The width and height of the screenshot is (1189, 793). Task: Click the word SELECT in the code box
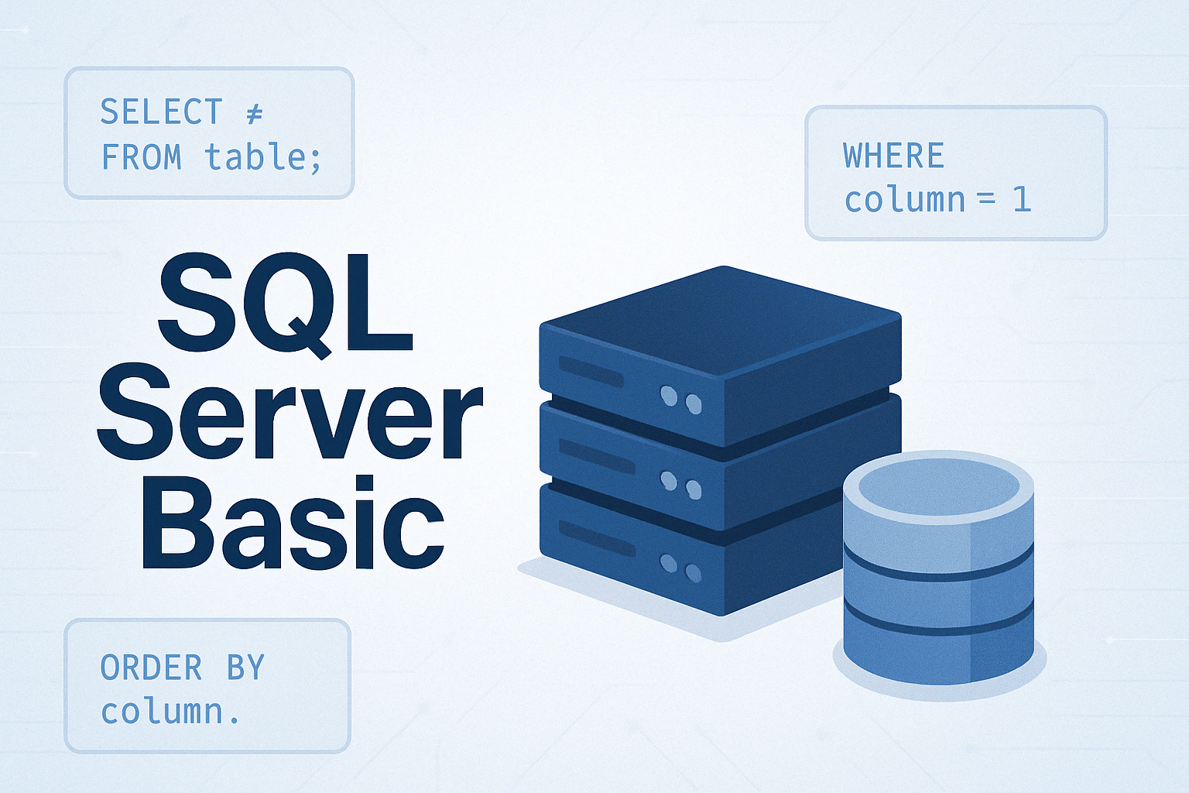[x=161, y=112]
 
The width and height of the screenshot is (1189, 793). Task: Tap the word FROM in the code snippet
[x=141, y=157]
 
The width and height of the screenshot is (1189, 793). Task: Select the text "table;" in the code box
[x=263, y=158]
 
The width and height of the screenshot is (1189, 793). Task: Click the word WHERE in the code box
[x=894, y=155]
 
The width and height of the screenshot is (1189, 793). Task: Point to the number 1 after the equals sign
[x=1022, y=201]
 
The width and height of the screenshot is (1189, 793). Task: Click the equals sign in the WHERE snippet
[x=985, y=201]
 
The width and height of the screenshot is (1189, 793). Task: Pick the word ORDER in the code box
[x=151, y=667]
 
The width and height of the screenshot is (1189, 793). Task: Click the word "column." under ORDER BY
[x=170, y=712]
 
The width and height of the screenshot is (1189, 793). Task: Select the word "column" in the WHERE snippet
[x=904, y=200]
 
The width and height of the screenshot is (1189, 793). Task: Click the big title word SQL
[x=285, y=303]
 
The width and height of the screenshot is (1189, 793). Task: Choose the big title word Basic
[x=293, y=522]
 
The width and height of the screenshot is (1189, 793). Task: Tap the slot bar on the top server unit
[x=591, y=371]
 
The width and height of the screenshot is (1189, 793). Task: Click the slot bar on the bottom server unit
[x=597, y=538]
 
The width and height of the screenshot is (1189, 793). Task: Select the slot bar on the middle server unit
[x=597, y=456]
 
